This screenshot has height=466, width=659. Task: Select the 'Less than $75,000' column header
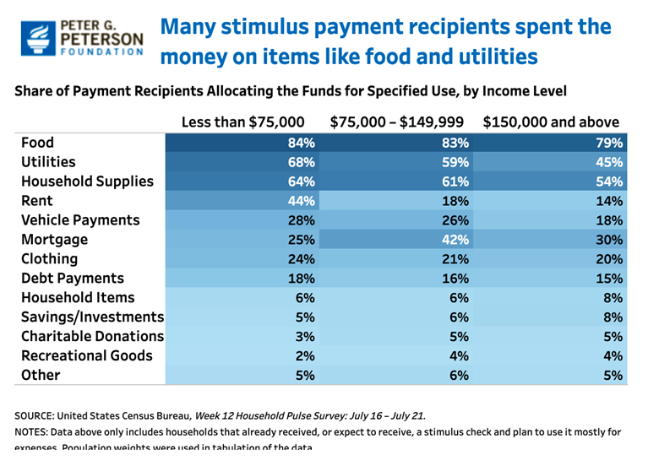(243, 122)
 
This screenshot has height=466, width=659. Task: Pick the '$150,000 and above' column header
(551, 122)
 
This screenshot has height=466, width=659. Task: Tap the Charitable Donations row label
(92, 336)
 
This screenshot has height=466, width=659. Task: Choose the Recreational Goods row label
(87, 355)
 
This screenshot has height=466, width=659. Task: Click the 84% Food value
(302, 143)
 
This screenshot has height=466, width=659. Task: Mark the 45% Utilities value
(609, 162)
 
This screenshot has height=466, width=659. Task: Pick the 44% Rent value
(302, 201)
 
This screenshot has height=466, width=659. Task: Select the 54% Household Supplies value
(609, 182)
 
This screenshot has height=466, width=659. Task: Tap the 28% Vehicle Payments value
(302, 220)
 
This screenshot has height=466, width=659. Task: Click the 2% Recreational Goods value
(305, 355)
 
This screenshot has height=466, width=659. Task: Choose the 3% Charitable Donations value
(305, 336)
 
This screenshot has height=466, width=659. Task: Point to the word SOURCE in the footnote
(38, 416)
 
